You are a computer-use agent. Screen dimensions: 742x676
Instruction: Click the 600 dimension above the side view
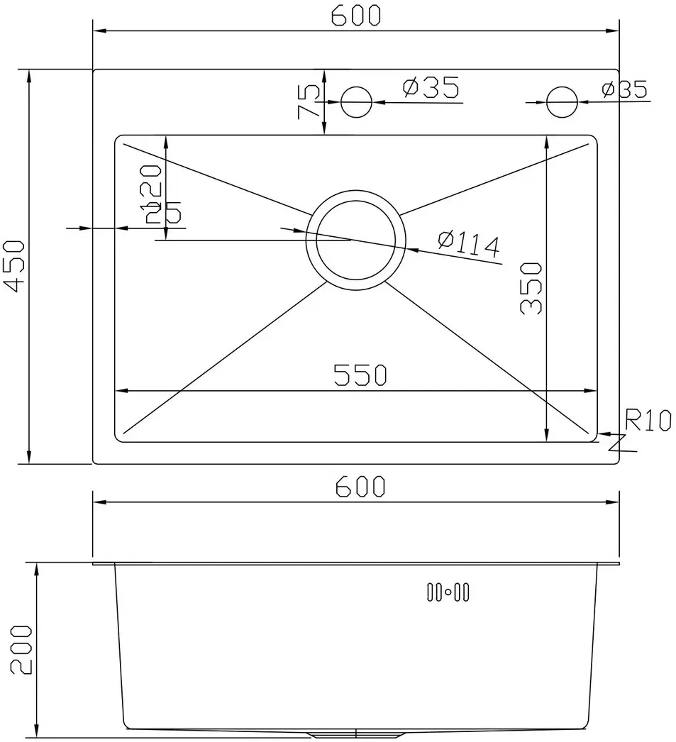coord(360,487)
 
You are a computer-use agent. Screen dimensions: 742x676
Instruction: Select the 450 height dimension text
coord(15,266)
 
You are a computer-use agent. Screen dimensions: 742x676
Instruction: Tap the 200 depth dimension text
coord(21,649)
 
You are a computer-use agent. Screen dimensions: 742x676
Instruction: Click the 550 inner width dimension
coord(361,375)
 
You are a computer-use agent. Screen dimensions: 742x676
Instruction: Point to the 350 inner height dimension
coord(531,288)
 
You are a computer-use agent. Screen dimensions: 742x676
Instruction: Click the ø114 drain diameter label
coord(469,243)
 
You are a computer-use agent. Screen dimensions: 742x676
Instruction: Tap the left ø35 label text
coord(430,88)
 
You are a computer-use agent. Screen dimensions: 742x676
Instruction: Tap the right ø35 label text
coord(624,89)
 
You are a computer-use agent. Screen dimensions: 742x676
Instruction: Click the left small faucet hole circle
coord(356,102)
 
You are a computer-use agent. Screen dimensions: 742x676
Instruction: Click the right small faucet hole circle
coord(561,102)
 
